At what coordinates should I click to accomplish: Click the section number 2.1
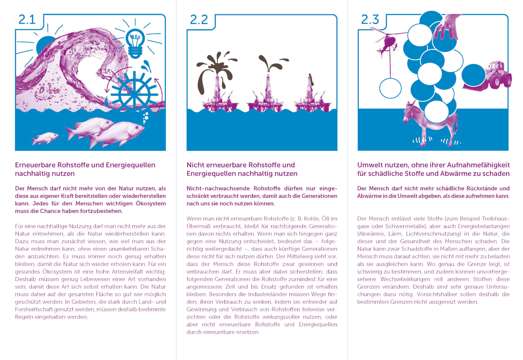pyautogui.click(x=27, y=20)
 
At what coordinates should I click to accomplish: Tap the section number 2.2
pyautogui.click(x=199, y=20)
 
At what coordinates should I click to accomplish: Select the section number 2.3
pyautogui.click(x=370, y=20)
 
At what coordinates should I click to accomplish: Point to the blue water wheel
pyautogui.click(x=134, y=94)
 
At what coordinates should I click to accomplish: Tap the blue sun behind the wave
pyautogui.click(x=44, y=45)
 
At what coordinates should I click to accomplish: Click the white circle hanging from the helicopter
pyautogui.click(x=390, y=88)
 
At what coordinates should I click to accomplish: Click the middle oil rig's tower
pyautogui.click(x=268, y=87)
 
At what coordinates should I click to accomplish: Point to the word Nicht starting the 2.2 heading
pyautogui.click(x=194, y=165)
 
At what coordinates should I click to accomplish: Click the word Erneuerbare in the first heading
pyautogui.click(x=35, y=165)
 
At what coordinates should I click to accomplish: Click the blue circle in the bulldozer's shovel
pyautogui.click(x=474, y=75)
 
